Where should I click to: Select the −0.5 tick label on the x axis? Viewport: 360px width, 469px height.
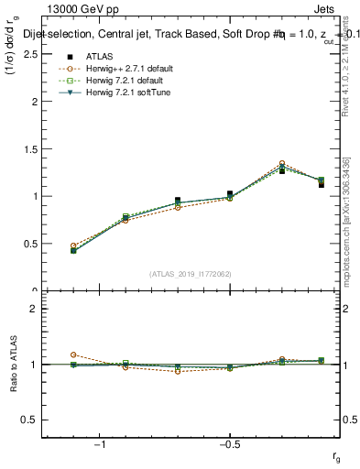pyautogui.click(x=229, y=443)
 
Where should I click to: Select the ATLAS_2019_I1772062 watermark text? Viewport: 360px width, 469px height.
pyautogui.click(x=190, y=273)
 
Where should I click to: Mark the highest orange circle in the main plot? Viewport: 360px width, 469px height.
pyautogui.click(x=282, y=163)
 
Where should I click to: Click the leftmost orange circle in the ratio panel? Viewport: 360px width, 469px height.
pyautogui.click(x=73, y=354)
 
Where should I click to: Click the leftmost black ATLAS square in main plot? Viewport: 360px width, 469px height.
pyautogui.click(x=73, y=250)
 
